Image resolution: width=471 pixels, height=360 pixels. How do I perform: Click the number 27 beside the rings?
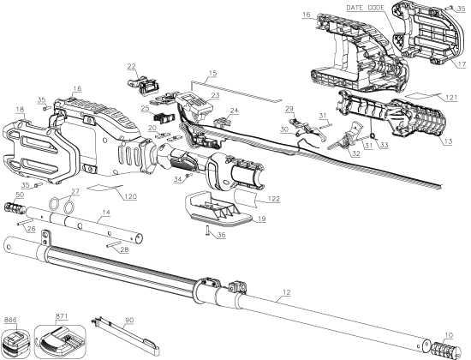pos(75,191)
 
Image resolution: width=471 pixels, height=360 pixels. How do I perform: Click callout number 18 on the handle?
pos(20,111)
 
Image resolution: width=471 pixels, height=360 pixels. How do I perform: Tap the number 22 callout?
pos(132,66)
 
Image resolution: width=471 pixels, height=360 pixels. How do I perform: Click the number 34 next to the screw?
pos(178,179)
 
